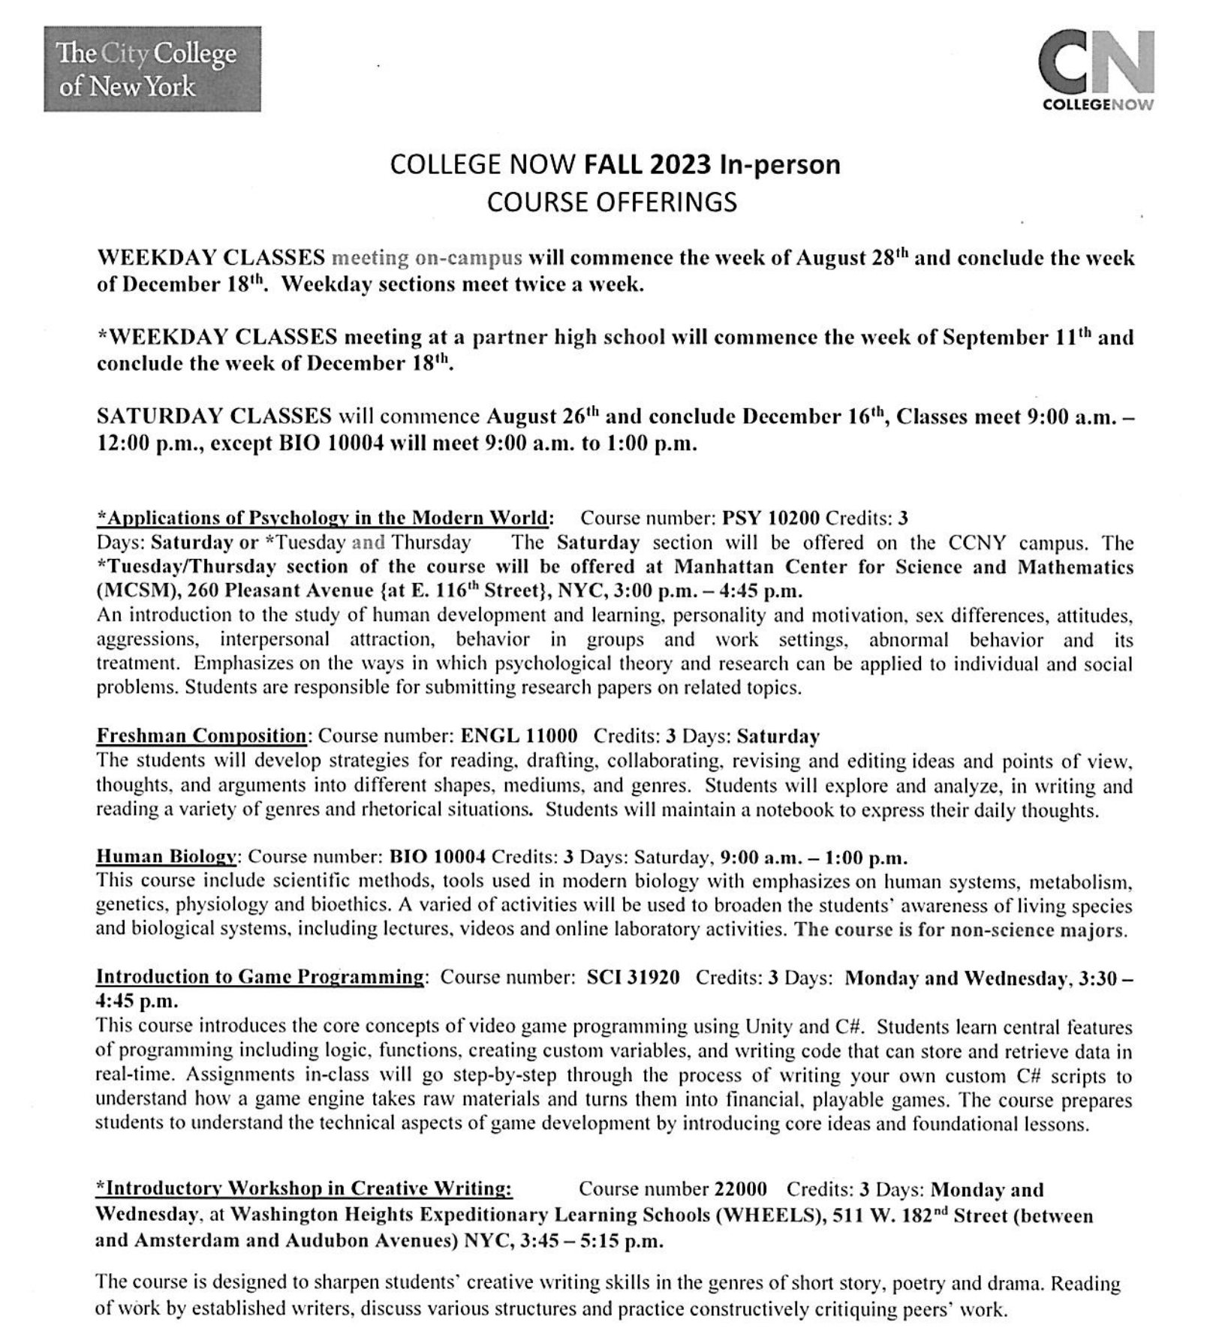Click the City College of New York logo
click(152, 69)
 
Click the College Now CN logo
click(1097, 69)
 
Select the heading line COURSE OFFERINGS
click(612, 203)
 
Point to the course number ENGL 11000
click(519, 736)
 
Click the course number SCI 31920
click(633, 978)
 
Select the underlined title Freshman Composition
click(201, 736)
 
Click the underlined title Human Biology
click(167, 857)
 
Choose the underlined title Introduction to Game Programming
click(260, 978)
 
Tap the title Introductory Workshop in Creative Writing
click(304, 1188)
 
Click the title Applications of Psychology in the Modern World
click(325, 518)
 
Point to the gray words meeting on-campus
click(426, 258)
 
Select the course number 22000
click(740, 1189)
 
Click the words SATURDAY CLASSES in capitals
click(214, 416)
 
